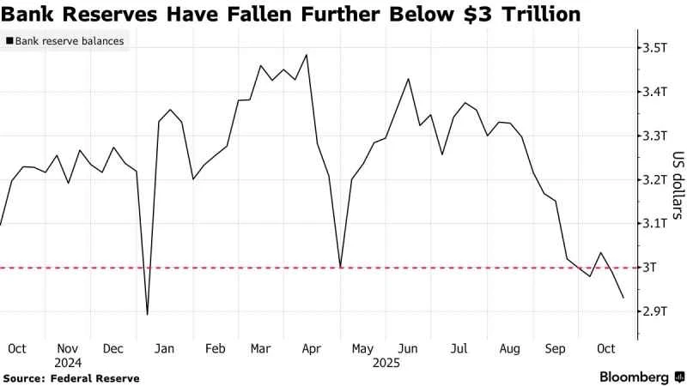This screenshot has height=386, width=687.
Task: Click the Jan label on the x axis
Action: coord(165,349)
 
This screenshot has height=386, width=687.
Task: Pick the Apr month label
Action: coord(312,349)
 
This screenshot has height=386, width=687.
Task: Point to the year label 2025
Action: coord(386,363)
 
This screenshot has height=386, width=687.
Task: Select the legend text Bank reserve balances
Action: coord(69,41)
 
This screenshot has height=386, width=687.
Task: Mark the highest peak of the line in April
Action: coord(307,55)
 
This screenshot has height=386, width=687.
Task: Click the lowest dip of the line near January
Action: coord(148,314)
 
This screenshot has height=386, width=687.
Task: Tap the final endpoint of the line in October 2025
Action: coord(623,298)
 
